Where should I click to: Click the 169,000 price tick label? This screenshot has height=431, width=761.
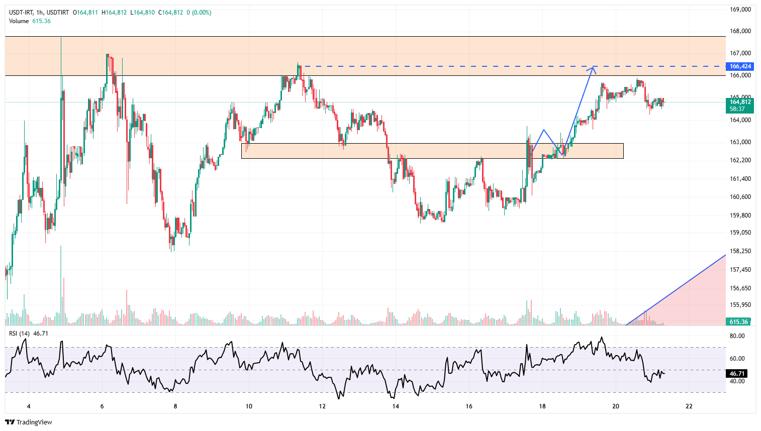[740, 9]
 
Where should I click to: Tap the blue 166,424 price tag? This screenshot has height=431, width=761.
[740, 66]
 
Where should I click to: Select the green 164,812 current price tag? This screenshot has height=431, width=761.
[740, 102]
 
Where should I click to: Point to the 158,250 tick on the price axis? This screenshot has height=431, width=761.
[740, 251]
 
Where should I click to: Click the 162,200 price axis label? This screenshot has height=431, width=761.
[740, 160]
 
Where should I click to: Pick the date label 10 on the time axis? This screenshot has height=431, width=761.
[249, 406]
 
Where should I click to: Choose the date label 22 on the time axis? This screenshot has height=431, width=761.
[689, 406]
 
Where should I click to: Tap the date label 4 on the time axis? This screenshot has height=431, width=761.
[29, 406]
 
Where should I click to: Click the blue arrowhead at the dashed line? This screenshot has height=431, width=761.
[594, 69]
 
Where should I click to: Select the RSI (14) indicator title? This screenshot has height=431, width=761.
[19, 333]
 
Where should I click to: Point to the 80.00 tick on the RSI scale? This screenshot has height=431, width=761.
[737, 336]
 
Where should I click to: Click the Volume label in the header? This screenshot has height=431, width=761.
[19, 21]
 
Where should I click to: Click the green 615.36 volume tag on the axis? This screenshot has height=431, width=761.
[738, 321]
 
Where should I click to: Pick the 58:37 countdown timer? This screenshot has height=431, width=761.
[737, 109]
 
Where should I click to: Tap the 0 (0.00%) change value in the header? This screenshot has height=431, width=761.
[199, 13]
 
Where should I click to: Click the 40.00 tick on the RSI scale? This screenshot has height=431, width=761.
[737, 381]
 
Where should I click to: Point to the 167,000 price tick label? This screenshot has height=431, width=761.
[740, 53]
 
